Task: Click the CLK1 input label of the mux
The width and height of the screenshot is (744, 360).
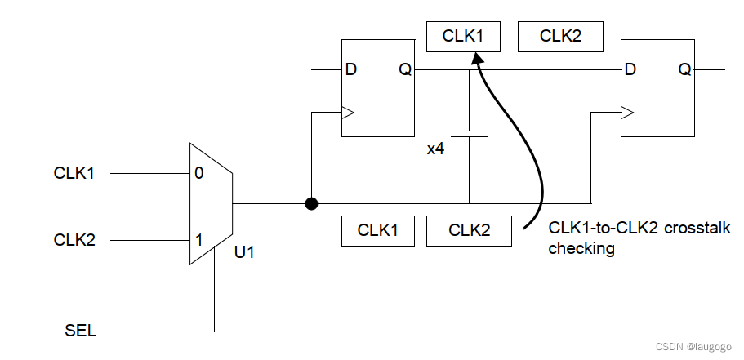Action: point(74,173)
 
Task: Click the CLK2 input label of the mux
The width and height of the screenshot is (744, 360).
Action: point(74,240)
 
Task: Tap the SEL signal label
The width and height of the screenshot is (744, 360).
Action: point(80,331)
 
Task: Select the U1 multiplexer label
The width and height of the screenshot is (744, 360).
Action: point(245,252)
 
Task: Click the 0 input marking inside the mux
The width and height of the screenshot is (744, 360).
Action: point(198,173)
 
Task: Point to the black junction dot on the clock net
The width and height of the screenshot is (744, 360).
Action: point(311,203)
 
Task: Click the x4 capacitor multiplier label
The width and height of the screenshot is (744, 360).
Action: point(435,149)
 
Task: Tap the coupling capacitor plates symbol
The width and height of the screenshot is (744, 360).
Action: point(470,132)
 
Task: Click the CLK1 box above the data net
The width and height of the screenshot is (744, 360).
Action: point(463,37)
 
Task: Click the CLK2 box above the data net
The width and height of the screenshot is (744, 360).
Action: point(560,37)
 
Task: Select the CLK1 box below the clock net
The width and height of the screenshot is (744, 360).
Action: point(378,230)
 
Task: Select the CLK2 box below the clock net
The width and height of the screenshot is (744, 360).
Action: point(469,230)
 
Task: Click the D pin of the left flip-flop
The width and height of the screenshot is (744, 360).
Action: point(351,70)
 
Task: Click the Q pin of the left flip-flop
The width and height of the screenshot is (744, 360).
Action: point(405,70)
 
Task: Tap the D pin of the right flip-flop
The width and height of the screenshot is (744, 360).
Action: point(630,70)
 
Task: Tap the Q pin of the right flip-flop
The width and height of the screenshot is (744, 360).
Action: point(684,70)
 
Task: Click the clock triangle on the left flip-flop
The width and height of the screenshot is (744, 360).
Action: point(347,114)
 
